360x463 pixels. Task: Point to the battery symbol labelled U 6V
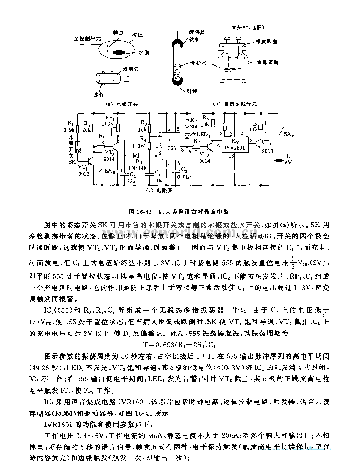[x=279, y=158]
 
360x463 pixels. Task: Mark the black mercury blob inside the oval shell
[x=125, y=52]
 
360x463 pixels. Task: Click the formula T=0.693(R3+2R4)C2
[x=180, y=344]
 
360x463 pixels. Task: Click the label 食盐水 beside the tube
[x=198, y=63]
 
